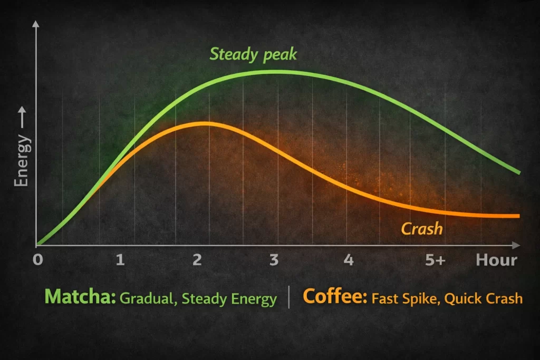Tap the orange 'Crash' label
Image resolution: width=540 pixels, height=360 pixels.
pyautogui.click(x=421, y=229)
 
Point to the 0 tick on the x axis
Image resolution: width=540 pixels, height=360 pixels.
pyautogui.click(x=37, y=260)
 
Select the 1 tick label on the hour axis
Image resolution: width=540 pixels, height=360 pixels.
pyautogui.click(x=120, y=260)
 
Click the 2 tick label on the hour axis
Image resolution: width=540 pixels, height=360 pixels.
pyautogui.click(x=197, y=260)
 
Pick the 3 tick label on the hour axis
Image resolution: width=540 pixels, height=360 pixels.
pyautogui.click(x=274, y=260)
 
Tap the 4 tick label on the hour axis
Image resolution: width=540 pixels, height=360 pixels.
pyautogui.click(x=348, y=260)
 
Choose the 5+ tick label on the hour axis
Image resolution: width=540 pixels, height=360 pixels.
pyautogui.click(x=435, y=260)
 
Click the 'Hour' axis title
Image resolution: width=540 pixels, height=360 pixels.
pyautogui.click(x=496, y=260)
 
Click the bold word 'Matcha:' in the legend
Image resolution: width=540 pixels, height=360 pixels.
pyautogui.click(x=80, y=297)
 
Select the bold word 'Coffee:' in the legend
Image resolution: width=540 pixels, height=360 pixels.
pyautogui.click(x=335, y=297)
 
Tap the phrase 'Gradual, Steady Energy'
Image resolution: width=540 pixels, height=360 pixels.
pyautogui.click(x=198, y=299)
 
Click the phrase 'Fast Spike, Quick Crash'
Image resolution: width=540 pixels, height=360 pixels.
pyautogui.click(x=447, y=298)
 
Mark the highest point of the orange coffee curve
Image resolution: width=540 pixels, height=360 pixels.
pyautogui.click(x=203, y=124)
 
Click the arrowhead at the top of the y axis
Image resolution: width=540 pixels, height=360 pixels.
pyautogui.click(x=36, y=24)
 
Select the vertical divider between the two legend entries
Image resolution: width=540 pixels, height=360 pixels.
pyautogui.click(x=290, y=298)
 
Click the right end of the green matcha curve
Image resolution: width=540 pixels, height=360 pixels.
pyautogui.click(x=519, y=172)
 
